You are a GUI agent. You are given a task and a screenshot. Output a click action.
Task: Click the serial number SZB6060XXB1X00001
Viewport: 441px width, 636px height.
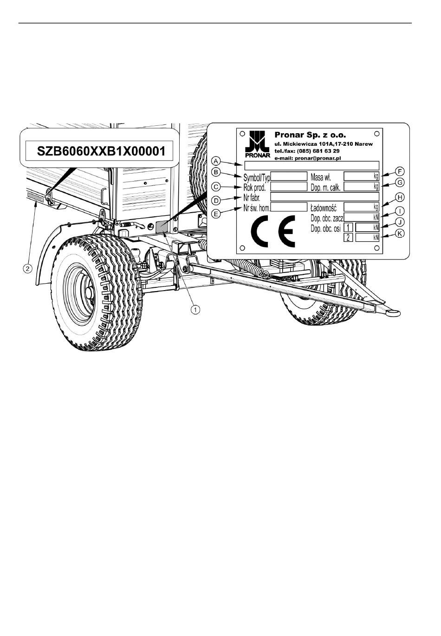point(101,151)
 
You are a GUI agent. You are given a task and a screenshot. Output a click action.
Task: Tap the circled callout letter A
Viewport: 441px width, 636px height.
point(216,161)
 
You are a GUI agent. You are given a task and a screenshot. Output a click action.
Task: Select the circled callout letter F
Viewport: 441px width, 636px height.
point(400,171)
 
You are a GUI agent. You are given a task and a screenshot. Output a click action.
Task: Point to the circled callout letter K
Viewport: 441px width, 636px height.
point(400,234)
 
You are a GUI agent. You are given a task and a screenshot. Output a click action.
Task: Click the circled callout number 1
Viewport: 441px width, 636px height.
point(195,309)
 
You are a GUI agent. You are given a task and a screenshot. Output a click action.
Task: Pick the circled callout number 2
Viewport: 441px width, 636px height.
point(27,268)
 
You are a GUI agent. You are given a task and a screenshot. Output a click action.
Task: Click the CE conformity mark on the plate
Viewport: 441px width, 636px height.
point(273,231)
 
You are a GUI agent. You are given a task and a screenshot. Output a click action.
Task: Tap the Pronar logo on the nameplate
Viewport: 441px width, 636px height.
point(258,144)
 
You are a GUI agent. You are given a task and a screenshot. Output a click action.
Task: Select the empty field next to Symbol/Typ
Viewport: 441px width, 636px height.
point(289,176)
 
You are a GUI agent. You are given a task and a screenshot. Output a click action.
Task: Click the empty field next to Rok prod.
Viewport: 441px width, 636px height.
point(289,187)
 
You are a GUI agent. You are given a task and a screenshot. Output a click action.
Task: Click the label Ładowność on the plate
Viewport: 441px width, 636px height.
point(324,208)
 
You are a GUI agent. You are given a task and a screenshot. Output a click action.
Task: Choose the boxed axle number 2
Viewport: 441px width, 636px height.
point(348,237)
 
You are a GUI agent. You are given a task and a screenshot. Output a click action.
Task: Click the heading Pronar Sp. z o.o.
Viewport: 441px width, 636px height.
point(311,135)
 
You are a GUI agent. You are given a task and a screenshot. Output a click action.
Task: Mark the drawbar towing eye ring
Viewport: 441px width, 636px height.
point(392,313)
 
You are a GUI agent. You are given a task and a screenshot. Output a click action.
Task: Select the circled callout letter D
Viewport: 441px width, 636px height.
point(216,201)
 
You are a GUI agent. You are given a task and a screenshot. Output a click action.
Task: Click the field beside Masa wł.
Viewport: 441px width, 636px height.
point(362,176)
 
